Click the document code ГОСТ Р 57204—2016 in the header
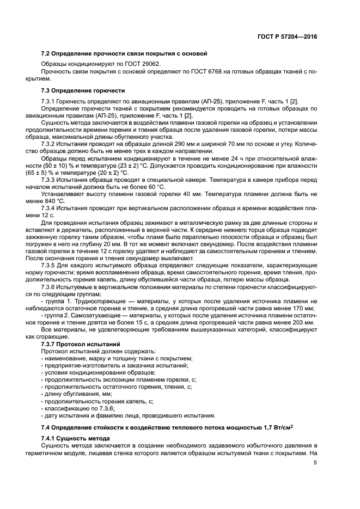pos(287,37)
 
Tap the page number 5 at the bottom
pos(315,463)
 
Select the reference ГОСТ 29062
pos(143,64)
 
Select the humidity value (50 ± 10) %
pos(47,165)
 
